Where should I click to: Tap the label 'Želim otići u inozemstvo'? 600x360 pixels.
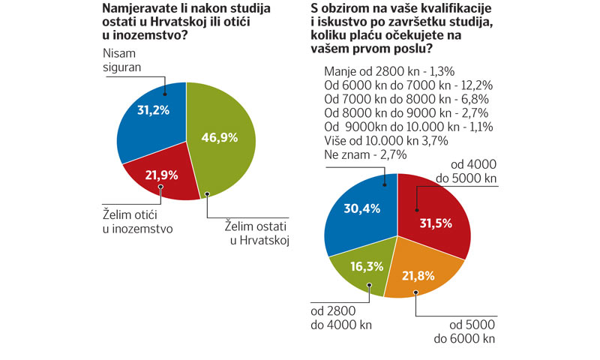[x=138, y=222]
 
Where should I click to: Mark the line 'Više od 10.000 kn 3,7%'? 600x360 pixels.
[x=386, y=140]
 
